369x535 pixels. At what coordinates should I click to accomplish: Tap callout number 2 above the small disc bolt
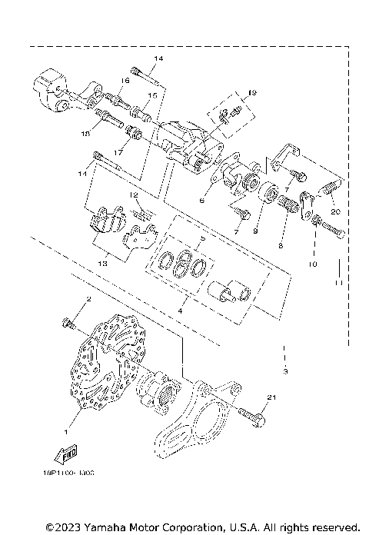[x=88, y=299]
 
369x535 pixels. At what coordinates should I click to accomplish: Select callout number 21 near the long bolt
[x=271, y=397]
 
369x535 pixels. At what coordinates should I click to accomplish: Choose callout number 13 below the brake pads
[x=102, y=262]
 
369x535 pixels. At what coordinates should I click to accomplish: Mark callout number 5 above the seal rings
[x=202, y=240]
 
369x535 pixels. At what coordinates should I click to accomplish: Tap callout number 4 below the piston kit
[x=181, y=311]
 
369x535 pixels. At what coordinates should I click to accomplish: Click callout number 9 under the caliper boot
[x=255, y=230]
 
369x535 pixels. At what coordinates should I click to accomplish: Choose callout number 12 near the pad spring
[x=134, y=195]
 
